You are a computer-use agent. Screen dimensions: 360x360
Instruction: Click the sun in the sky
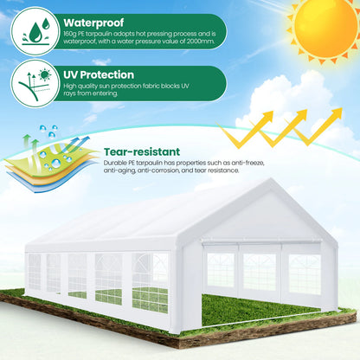(325, 29)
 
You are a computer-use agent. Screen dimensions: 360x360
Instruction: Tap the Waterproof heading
(93, 22)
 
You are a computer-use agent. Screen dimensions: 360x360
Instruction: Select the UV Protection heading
(99, 75)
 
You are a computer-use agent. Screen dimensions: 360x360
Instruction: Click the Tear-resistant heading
(142, 152)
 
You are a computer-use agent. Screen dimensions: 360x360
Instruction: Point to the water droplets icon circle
(35, 31)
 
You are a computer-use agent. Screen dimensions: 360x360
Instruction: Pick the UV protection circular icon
(35, 83)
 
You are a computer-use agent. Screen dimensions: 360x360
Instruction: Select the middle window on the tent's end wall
(260, 272)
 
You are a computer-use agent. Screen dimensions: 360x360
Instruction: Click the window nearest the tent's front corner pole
(150, 283)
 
